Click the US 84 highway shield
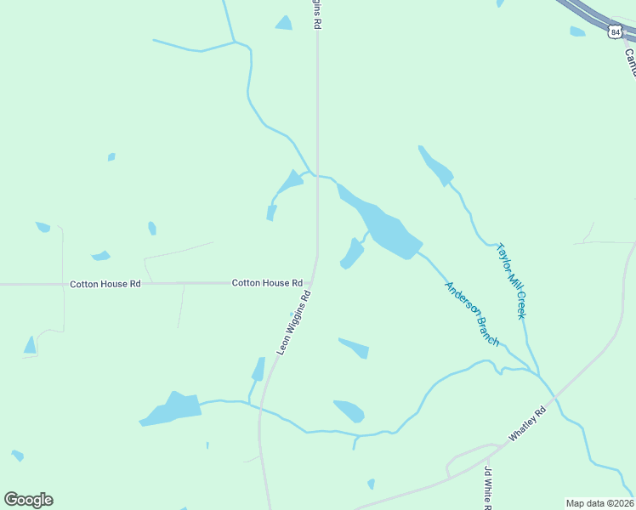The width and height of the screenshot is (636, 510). [x=616, y=32]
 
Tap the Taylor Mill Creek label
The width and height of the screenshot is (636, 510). [x=512, y=281]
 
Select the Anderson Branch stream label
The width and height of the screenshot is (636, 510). [x=472, y=313]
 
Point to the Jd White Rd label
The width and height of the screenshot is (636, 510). [x=488, y=488]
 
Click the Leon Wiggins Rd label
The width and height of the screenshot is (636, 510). [x=294, y=322]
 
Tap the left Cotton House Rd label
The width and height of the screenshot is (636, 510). [x=105, y=284]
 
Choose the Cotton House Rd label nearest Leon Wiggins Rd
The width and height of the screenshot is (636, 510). [x=267, y=282]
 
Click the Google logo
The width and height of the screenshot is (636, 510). [x=28, y=500]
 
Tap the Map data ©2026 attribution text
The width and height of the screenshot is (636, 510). [x=599, y=503]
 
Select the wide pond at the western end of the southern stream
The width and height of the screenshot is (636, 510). [x=173, y=410]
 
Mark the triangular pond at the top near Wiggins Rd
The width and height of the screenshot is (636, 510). [x=284, y=23]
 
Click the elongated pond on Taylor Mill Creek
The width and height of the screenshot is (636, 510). [x=435, y=166]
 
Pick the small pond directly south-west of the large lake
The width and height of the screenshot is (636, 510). [x=351, y=253]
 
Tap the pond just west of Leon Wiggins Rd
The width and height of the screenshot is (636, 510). [x=258, y=369]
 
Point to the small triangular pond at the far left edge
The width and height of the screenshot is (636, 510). [x=31, y=345]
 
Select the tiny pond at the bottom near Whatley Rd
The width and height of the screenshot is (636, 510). [x=371, y=484]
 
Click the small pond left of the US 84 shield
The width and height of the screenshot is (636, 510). [x=577, y=31]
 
